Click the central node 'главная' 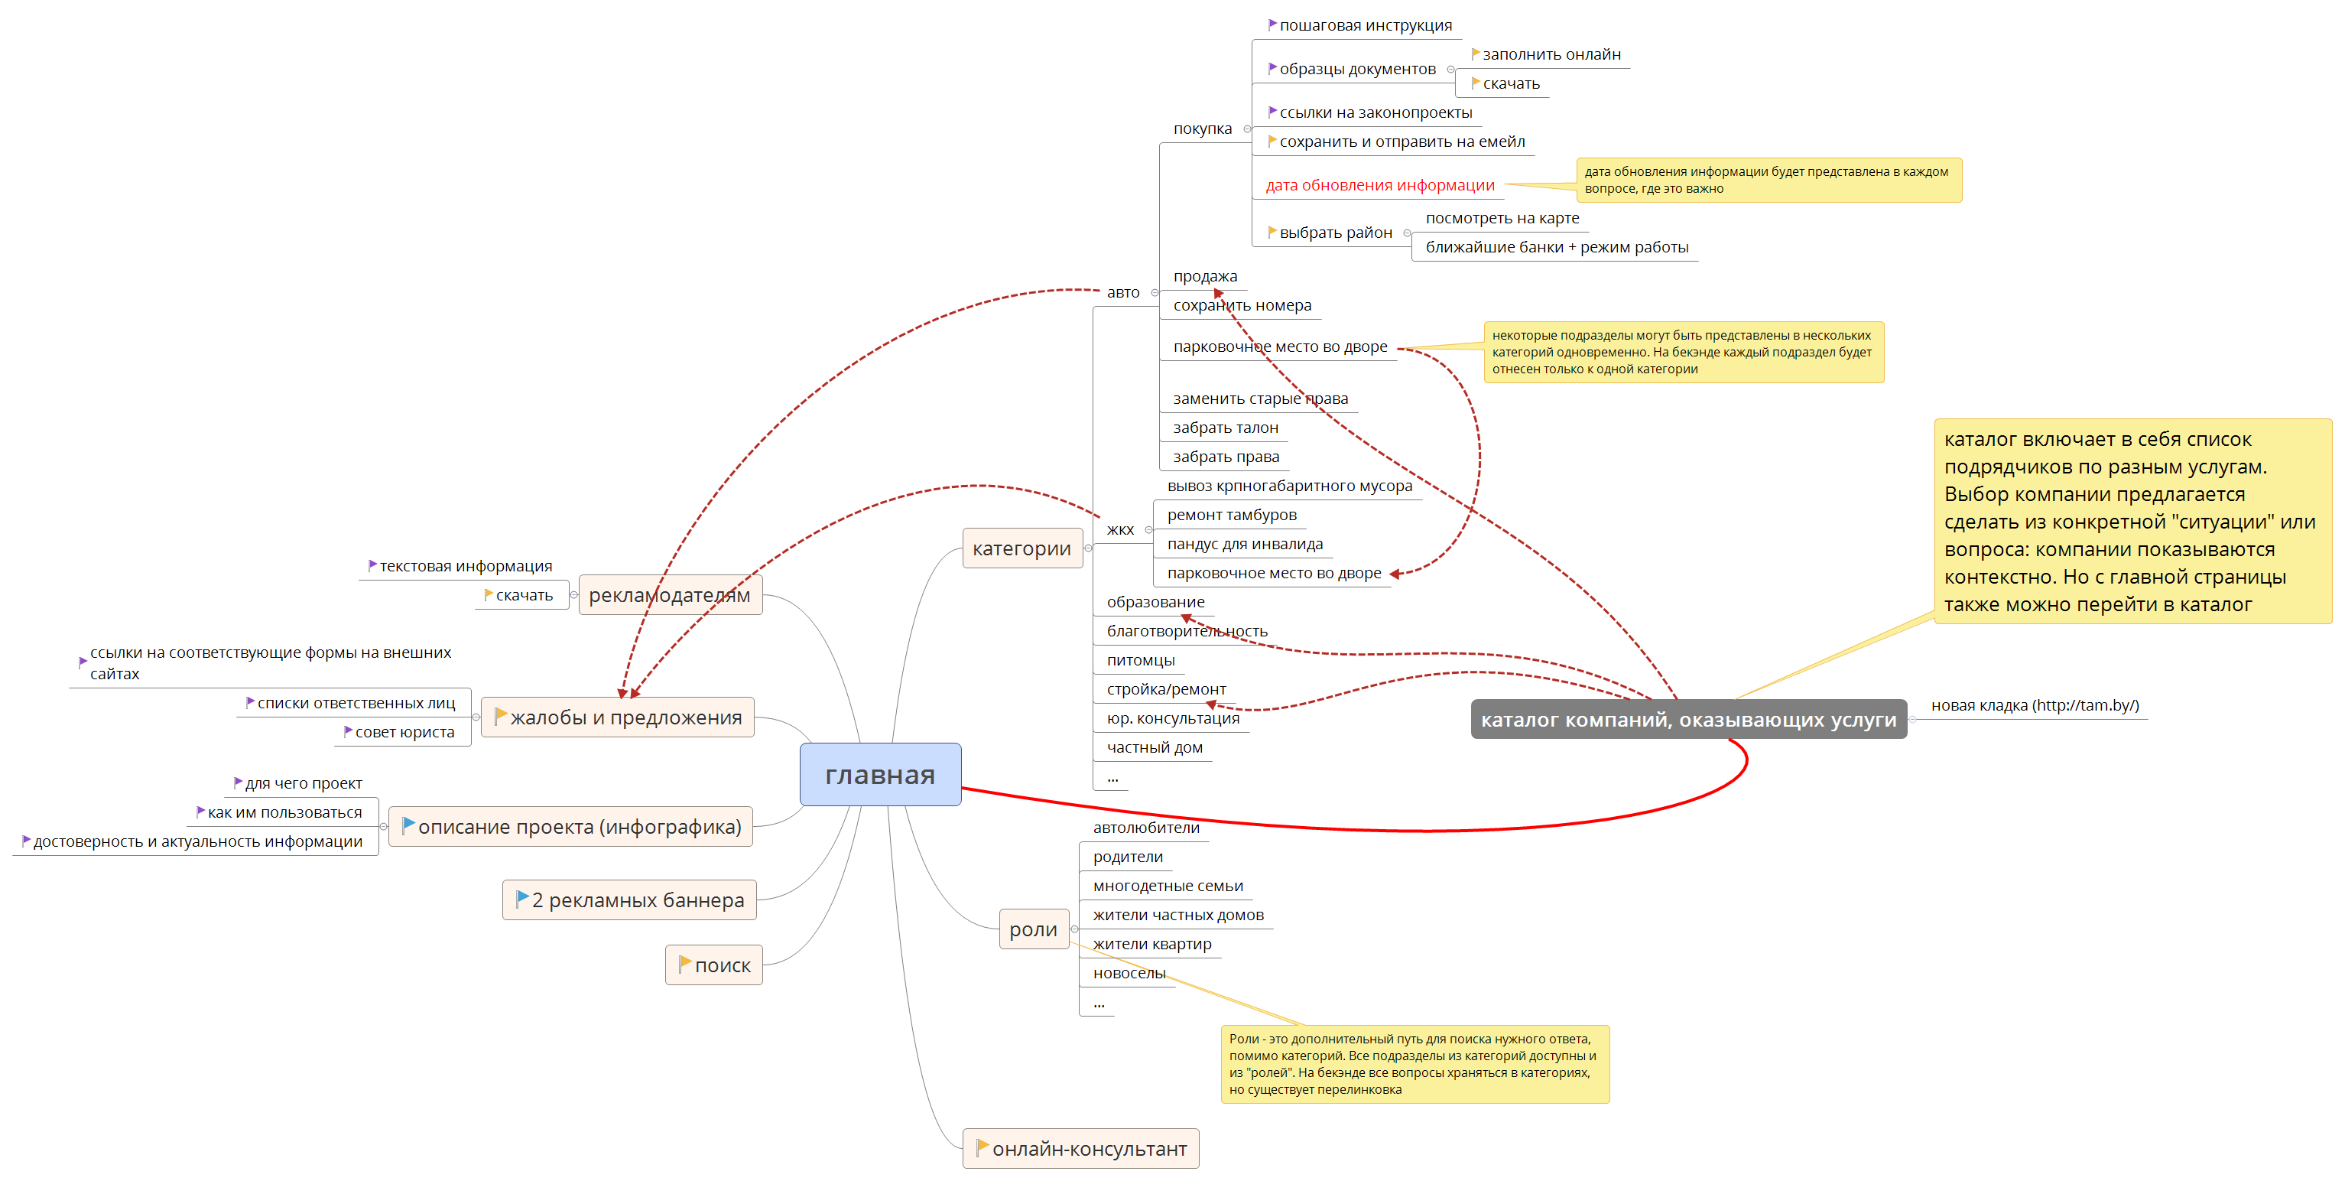point(879,775)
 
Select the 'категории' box point(1021,549)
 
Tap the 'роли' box point(1033,929)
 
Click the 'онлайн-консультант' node point(1080,1149)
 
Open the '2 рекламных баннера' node point(630,900)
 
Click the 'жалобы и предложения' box point(617,717)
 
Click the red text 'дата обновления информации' point(1379,186)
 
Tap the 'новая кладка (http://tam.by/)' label point(2035,706)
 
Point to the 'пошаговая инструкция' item point(1366,25)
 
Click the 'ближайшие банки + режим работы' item point(1556,248)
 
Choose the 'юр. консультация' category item point(1173,718)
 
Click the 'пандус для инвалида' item point(1245,545)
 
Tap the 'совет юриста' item point(404,732)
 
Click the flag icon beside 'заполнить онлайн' point(1475,54)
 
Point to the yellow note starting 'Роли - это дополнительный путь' point(1414,1063)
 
